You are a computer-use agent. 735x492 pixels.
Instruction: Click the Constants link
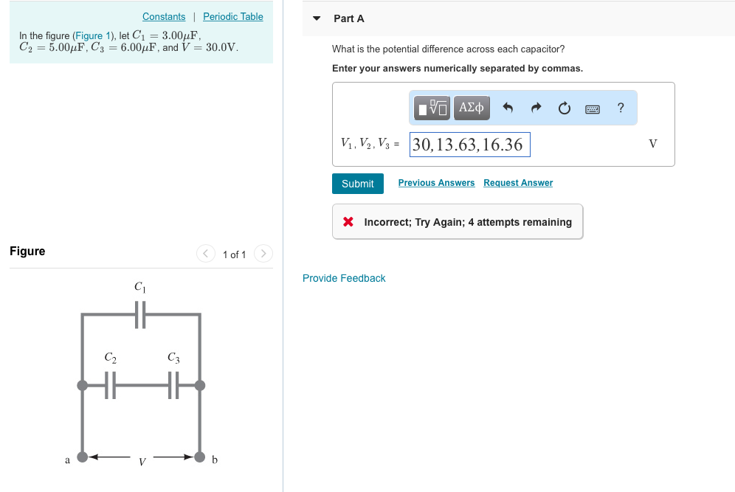point(164,16)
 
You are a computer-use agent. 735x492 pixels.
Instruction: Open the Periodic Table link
point(232,16)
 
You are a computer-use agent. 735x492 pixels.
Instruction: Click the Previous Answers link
point(436,183)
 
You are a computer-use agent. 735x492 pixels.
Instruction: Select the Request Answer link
point(518,183)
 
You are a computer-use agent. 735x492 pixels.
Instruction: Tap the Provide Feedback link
point(344,278)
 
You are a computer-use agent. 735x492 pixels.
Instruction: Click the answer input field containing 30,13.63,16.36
point(469,145)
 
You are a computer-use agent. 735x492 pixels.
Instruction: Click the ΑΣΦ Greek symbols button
point(471,108)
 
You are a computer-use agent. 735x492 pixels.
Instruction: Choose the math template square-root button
point(431,108)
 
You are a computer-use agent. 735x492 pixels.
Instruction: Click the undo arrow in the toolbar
point(508,108)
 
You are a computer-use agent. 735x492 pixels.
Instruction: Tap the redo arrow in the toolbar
point(536,108)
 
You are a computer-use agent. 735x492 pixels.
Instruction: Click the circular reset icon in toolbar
point(564,108)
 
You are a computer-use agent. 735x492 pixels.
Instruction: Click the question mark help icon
point(621,108)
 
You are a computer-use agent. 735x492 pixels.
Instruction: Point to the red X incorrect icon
point(348,222)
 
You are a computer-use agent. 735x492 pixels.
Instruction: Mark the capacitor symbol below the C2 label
point(110,385)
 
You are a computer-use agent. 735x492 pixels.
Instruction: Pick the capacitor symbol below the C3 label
point(173,385)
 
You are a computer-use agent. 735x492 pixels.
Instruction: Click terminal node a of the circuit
point(83,457)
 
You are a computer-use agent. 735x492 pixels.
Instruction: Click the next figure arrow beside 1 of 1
point(263,254)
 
